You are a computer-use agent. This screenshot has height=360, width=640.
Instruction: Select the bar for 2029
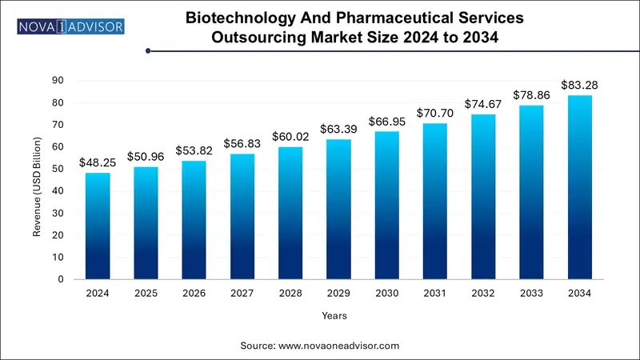[x=338, y=209]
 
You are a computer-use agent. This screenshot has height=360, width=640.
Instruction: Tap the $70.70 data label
[x=435, y=113]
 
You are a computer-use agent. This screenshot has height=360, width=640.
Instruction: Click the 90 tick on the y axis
[x=58, y=80]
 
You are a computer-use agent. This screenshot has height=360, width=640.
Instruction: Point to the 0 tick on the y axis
[x=62, y=279]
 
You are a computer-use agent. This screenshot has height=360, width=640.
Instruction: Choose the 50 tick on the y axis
[x=58, y=169]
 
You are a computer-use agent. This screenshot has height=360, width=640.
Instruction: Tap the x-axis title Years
[x=334, y=316]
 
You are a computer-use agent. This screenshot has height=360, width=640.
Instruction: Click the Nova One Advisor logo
[x=70, y=27]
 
